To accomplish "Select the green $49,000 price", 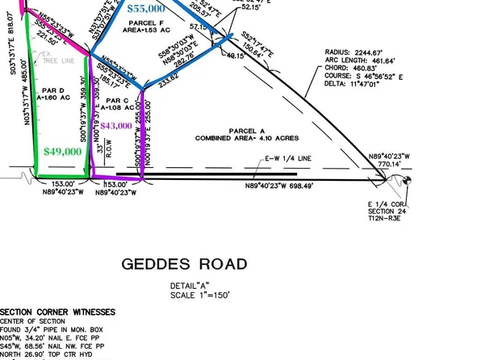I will tap(63, 151).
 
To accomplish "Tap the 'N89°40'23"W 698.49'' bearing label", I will tap(285, 185).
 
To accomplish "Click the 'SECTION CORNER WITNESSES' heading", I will tap(57, 312).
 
